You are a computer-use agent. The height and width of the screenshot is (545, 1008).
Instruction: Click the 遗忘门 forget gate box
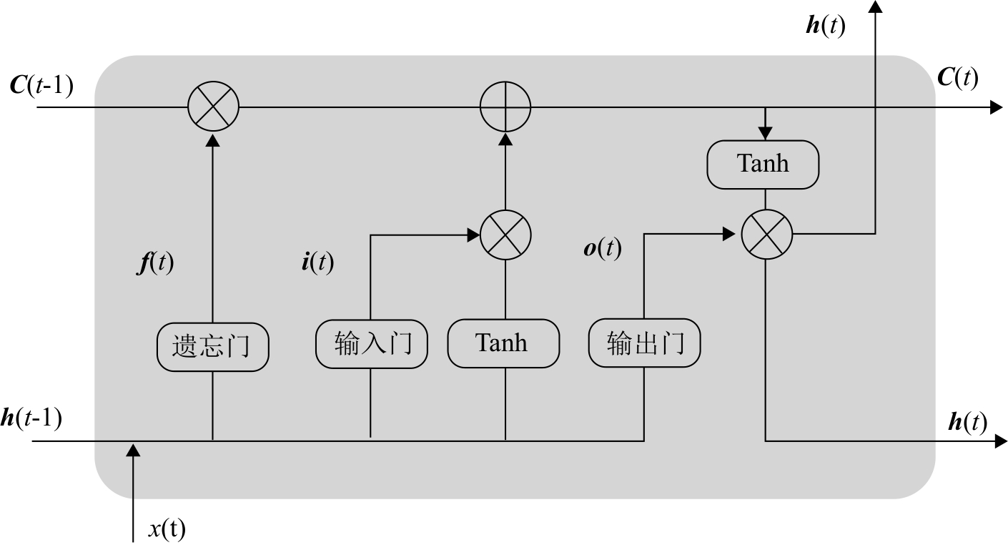tap(212, 348)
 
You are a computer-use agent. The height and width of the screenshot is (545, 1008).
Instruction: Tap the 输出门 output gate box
tap(644, 343)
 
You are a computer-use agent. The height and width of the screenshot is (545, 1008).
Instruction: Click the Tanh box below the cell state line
tap(763, 165)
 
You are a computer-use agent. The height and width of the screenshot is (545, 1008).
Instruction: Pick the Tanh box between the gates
tap(503, 343)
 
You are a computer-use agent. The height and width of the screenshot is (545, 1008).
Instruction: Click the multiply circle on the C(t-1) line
tap(213, 107)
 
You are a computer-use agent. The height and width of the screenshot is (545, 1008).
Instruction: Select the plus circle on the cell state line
tap(505, 107)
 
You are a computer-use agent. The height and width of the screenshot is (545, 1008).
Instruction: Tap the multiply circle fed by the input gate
tap(505, 234)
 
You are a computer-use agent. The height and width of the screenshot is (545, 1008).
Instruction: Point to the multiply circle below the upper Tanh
tap(766, 235)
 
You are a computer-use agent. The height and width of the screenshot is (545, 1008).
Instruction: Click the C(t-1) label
tap(41, 85)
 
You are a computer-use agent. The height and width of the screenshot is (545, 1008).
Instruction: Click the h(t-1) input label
tap(32, 418)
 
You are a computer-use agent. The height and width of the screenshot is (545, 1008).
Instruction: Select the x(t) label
tap(167, 529)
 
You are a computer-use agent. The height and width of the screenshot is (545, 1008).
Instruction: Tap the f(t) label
tap(155, 263)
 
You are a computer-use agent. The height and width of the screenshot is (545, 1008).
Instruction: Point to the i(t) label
tap(317, 262)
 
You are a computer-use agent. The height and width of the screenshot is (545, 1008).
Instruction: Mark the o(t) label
tap(603, 248)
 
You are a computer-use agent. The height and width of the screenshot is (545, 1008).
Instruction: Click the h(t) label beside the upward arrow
tap(825, 26)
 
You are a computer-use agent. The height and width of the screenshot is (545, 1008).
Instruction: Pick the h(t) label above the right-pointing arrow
tap(967, 422)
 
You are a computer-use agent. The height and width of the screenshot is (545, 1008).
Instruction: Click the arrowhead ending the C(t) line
tap(996, 107)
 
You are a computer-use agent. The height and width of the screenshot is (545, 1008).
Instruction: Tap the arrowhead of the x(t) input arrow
tap(133, 450)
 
